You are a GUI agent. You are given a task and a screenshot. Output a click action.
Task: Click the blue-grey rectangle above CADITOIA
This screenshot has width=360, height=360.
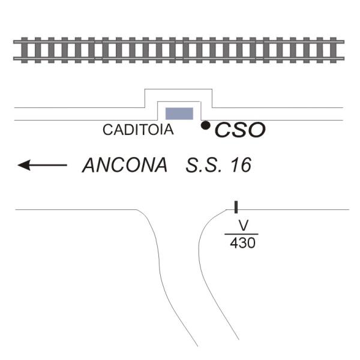[x=179, y=113]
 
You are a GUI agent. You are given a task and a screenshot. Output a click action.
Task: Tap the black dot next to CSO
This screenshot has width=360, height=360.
[x=205, y=125]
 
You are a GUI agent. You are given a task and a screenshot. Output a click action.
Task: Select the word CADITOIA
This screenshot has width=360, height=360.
[x=138, y=130]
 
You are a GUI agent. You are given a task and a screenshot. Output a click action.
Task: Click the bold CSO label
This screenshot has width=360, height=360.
[x=240, y=130]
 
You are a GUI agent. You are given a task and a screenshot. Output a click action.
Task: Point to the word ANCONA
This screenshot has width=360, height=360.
[x=125, y=165]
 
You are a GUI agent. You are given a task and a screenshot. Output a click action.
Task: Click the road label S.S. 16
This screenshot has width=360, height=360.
[x=218, y=165]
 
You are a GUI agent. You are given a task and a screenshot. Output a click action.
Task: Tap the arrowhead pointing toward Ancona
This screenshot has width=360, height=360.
[x=24, y=165]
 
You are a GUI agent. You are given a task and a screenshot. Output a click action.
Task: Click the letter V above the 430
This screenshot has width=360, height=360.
[x=243, y=225]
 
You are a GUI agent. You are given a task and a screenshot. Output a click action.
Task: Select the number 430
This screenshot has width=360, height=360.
[x=242, y=243]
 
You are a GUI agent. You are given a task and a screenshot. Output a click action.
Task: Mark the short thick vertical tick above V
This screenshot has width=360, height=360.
[x=236, y=207]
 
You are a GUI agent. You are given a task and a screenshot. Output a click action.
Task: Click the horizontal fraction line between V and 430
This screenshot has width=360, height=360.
[x=242, y=234]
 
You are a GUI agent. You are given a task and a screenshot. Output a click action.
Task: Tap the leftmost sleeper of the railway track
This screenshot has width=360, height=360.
[x=25, y=50]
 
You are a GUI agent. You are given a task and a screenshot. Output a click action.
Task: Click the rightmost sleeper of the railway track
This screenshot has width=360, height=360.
[x=334, y=50]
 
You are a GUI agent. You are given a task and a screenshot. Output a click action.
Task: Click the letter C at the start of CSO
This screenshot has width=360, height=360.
[x=223, y=130]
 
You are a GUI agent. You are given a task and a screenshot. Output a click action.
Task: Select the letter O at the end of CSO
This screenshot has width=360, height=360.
[x=257, y=130]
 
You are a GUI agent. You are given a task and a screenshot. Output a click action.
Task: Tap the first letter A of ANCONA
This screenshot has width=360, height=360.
[x=90, y=165]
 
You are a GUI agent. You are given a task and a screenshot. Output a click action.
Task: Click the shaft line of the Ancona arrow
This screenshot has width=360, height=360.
[x=49, y=165]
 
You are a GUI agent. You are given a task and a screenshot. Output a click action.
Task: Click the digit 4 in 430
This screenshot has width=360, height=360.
[x=234, y=243]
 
